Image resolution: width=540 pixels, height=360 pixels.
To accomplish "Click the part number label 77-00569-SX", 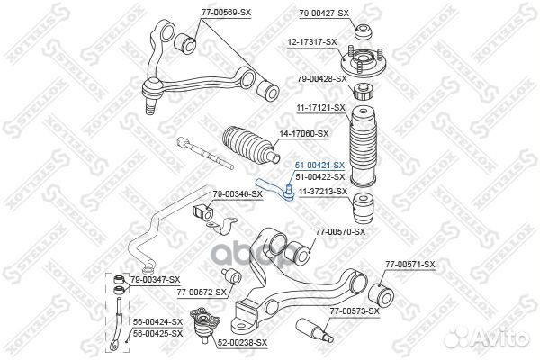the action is pyautogui.click(x=226, y=13).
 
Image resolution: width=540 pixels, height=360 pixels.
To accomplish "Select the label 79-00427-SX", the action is pyautogui.click(x=324, y=13).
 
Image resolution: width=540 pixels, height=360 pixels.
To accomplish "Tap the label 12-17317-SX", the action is pyautogui.click(x=312, y=42).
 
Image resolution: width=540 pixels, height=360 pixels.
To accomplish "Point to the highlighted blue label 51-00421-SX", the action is pyautogui.click(x=319, y=166).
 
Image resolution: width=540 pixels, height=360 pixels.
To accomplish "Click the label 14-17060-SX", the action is pyautogui.click(x=304, y=134).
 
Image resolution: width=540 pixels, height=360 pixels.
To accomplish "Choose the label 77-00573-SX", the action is pyautogui.click(x=355, y=311).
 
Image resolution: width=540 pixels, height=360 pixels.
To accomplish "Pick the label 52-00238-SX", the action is pyautogui.click(x=242, y=343).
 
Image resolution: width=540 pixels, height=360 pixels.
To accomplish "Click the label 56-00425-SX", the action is pyautogui.click(x=157, y=334).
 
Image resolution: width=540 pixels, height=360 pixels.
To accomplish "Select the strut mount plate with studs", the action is pyautogui.click(x=364, y=62).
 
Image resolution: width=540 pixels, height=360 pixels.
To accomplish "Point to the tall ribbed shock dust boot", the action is pyautogui.click(x=364, y=146).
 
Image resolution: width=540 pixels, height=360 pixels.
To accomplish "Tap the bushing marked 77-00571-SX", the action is pyautogui.click(x=381, y=294).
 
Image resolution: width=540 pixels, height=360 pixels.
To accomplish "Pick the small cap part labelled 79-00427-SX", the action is pyautogui.click(x=364, y=31).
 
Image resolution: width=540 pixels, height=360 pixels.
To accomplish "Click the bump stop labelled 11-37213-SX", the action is pyautogui.click(x=364, y=208).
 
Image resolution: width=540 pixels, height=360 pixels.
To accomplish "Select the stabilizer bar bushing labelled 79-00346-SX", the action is pyautogui.click(x=203, y=213).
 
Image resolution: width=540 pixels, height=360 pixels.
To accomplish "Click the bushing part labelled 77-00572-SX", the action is pyautogui.click(x=232, y=276).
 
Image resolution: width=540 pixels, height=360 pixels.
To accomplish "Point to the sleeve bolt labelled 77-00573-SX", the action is pyautogui.click(x=315, y=330).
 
